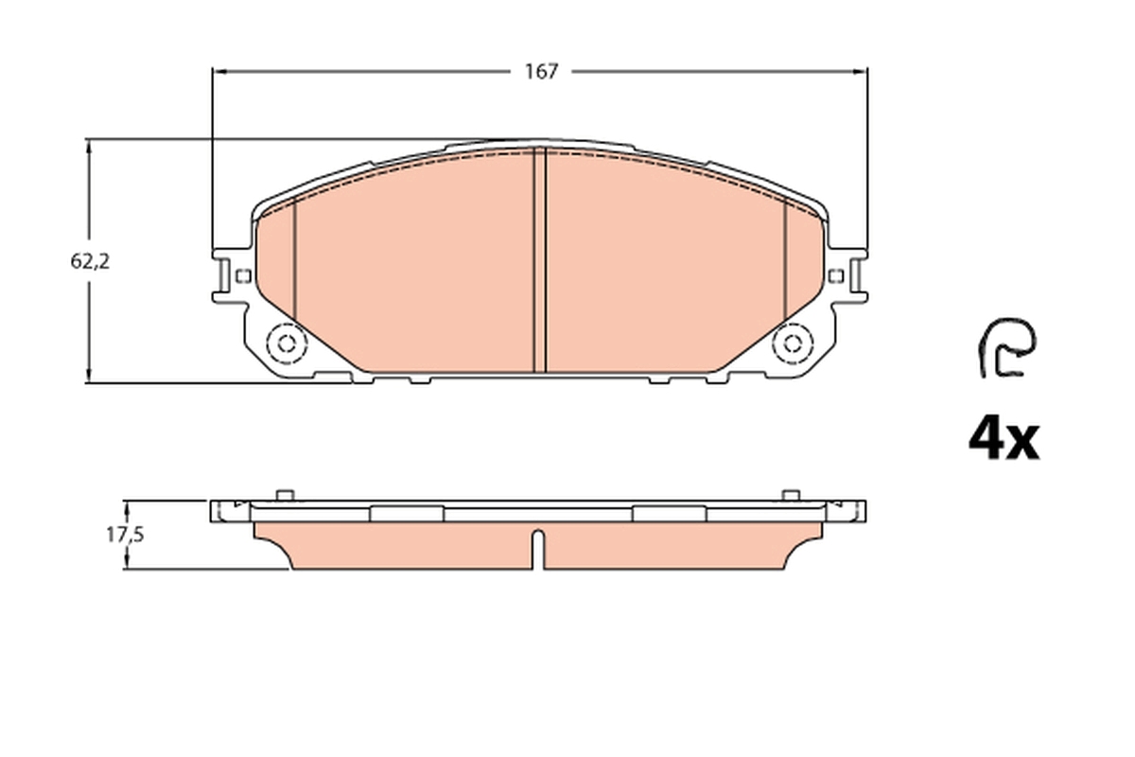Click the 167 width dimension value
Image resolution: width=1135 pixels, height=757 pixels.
[x=542, y=72]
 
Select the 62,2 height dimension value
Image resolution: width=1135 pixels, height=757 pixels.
[x=90, y=262]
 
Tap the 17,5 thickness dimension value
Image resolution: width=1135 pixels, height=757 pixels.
[x=124, y=535]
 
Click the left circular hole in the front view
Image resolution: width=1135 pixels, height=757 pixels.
[x=284, y=343]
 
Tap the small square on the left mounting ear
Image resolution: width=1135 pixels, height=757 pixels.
[x=242, y=276]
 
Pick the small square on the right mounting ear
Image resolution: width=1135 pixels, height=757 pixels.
[x=834, y=275]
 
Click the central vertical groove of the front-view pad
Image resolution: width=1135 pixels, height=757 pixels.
[x=541, y=260]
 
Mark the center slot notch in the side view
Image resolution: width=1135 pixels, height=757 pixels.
[x=538, y=549]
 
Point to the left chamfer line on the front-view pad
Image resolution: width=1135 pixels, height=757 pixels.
[x=295, y=265]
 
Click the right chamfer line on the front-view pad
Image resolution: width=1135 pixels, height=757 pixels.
[x=785, y=265]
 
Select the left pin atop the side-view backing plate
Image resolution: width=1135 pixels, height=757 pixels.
[x=284, y=494]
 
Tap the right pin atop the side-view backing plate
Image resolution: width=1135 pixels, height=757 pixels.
[x=791, y=494]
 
